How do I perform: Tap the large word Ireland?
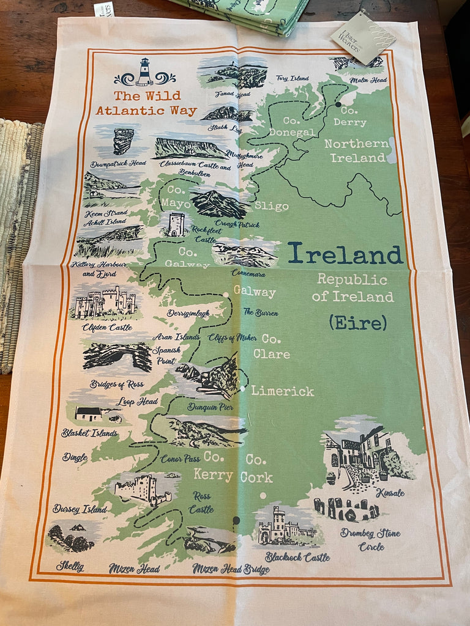pos(345,254)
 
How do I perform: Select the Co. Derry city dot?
pos(338,105)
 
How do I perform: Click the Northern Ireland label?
pos(357,151)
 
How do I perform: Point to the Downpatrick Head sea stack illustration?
pos(123,141)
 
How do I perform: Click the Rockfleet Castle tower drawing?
pos(176,224)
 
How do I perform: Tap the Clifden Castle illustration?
pos(105,302)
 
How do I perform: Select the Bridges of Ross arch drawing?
pos(117,356)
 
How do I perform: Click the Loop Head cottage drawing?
pos(89,414)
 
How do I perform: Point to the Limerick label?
pos(282,391)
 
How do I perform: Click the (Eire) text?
pos(358,322)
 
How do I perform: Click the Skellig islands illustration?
pos(71,537)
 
